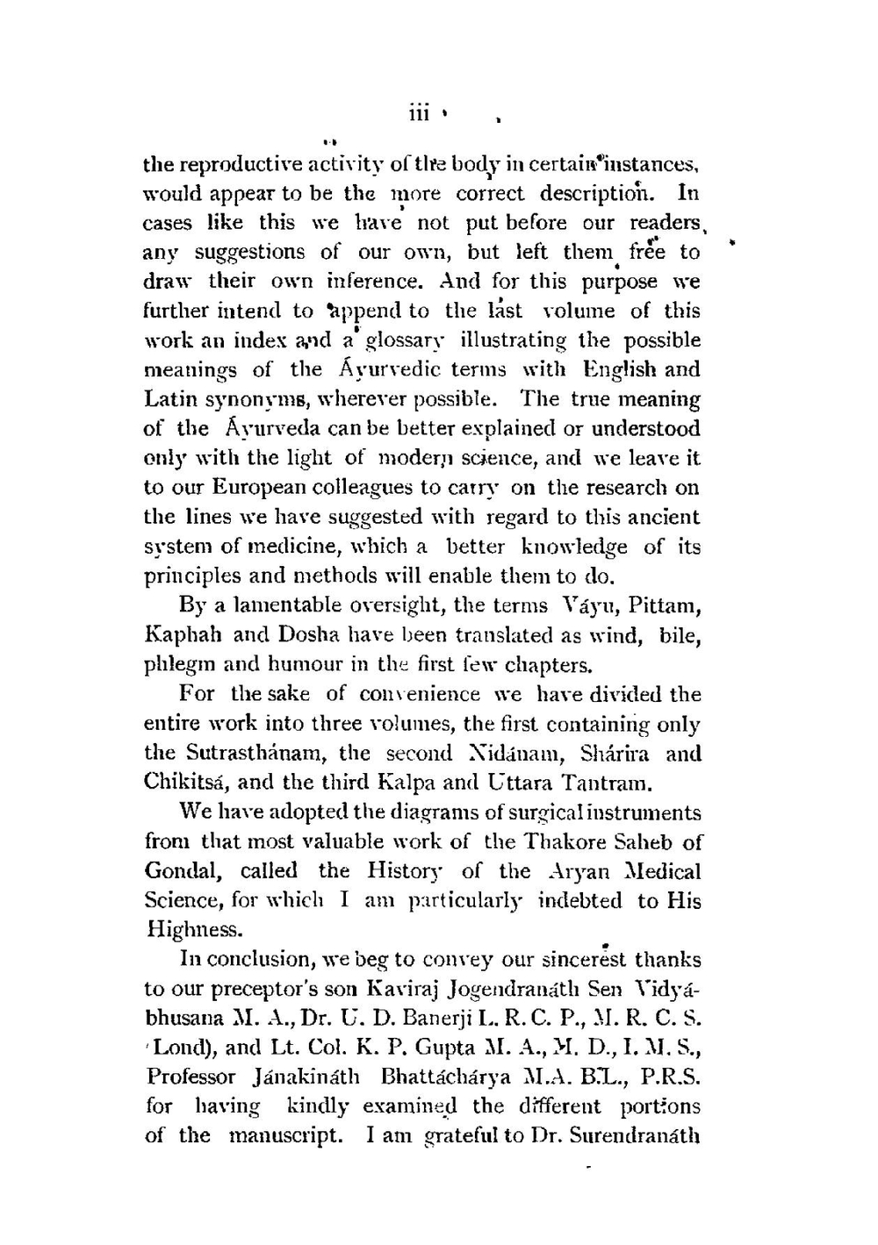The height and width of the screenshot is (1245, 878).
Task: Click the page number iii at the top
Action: click(418, 115)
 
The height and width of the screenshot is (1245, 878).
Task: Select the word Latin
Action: click(169, 399)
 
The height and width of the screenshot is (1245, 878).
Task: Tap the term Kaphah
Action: click(183, 634)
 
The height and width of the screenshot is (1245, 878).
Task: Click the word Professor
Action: click(191, 1077)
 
